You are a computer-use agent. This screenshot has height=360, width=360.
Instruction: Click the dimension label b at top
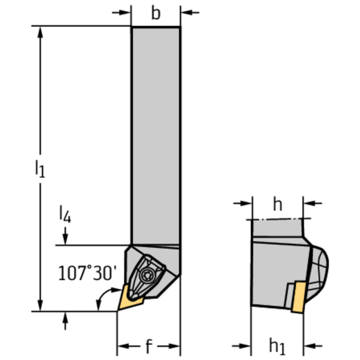click(155, 13)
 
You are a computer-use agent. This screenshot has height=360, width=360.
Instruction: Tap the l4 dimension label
click(65, 214)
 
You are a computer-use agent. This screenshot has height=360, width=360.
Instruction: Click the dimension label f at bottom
click(148, 347)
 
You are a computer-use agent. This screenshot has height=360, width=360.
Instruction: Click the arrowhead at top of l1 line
click(41, 32)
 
